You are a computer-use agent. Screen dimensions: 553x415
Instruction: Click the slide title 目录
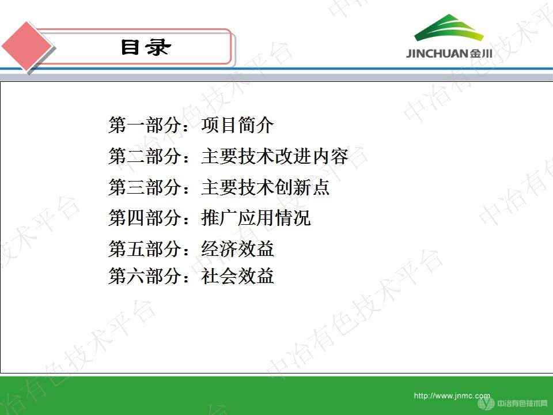[146, 47]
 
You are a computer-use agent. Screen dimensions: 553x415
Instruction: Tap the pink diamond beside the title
[27, 46]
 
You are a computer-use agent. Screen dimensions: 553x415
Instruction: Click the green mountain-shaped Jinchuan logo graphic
[449, 28]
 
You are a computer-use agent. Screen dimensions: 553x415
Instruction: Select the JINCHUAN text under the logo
[437, 54]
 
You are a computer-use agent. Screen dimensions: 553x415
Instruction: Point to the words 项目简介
[237, 125]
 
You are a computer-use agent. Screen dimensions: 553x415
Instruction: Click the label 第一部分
[145, 125]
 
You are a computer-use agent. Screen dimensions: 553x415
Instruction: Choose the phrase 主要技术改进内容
[274, 156]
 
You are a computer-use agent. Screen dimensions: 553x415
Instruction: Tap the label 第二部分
[145, 156]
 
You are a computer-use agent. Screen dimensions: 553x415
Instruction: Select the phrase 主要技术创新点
[265, 187]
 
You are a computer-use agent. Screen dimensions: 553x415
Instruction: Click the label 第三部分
[145, 187]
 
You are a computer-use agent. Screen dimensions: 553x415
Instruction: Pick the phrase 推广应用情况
[256, 218]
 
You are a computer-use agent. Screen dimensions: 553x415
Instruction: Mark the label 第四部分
[145, 218]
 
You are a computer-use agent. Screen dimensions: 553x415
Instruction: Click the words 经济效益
[237, 248]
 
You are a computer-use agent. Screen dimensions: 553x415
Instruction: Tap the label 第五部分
[145, 248]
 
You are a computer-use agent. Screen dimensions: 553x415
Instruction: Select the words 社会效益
[237, 276]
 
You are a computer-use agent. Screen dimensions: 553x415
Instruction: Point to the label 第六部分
[145, 276]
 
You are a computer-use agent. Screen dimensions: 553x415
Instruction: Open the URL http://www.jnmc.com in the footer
[452, 396]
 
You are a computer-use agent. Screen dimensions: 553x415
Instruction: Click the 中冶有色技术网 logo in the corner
[513, 403]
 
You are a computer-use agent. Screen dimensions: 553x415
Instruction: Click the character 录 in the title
[160, 47]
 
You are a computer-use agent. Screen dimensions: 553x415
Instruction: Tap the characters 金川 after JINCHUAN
[480, 54]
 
